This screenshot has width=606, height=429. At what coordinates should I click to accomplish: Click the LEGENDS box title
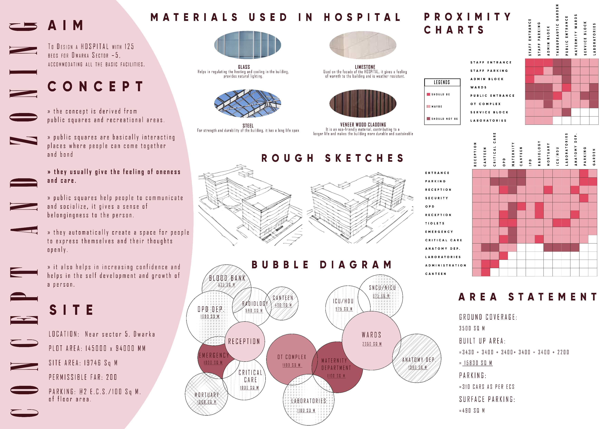pyautogui.click(x=442, y=82)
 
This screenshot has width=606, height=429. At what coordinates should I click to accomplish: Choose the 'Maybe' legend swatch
pyautogui.click(x=428, y=106)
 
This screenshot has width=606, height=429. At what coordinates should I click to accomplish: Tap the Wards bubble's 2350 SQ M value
pyautogui.click(x=372, y=344)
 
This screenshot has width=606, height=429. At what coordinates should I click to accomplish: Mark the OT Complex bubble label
pyautogui.click(x=292, y=357)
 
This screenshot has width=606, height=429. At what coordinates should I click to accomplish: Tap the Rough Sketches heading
pyautogui.click(x=332, y=158)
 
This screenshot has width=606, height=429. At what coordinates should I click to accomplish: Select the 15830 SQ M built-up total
pyautogui.click(x=478, y=363)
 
